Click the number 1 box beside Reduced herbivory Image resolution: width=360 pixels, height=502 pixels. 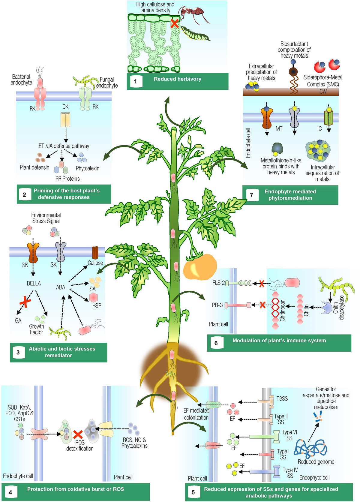[136, 81]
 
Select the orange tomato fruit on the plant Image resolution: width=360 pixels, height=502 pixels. [200, 267]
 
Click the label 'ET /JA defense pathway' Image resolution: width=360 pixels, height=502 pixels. [64, 146]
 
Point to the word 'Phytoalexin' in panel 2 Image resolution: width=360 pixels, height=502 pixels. [87, 168]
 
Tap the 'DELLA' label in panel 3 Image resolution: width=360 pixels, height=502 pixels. [34, 283]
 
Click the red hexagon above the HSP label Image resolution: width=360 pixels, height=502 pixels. [94, 297]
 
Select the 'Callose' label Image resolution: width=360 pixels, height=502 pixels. [95, 263]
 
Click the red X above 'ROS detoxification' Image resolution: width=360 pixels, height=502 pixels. [78, 434]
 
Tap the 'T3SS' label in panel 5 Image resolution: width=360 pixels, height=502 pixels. [282, 398]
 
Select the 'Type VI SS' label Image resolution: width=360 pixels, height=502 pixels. [289, 435]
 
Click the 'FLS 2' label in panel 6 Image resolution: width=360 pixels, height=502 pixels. [218, 283]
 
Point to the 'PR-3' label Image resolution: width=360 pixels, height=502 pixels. [217, 305]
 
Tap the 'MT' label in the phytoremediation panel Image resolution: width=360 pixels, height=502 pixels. [279, 129]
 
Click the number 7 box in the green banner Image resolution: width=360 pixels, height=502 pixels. [251, 195]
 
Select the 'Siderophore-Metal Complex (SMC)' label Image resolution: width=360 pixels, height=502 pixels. [323, 81]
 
